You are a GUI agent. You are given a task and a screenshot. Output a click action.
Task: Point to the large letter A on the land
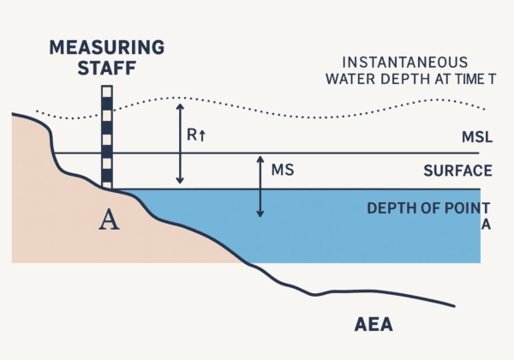(x=109, y=220)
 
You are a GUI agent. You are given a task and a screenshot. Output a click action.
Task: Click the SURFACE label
(x=458, y=171)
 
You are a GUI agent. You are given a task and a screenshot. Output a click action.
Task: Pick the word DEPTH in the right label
(x=390, y=208)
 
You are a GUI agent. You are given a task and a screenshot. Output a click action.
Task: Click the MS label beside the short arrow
(x=283, y=170)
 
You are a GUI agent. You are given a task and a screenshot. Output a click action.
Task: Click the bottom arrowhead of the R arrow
(x=180, y=182)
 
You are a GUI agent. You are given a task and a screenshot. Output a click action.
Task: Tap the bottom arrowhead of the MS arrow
(x=260, y=213)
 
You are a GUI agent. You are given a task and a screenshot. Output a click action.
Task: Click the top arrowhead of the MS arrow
(x=260, y=159)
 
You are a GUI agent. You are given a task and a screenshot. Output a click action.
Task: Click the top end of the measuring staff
(x=107, y=87)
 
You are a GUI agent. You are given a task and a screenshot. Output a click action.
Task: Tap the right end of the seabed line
(x=453, y=305)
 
